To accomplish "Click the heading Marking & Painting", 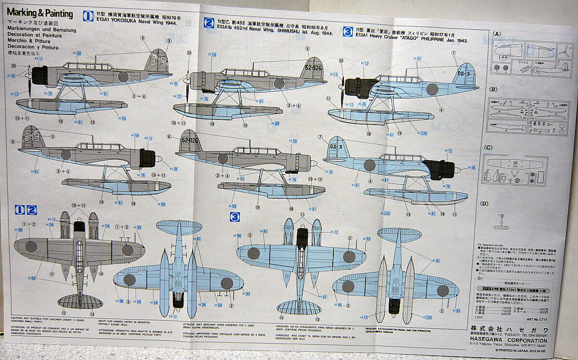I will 40,13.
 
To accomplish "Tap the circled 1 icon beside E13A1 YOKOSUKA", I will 88,15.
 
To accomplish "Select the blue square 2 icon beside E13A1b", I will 209,23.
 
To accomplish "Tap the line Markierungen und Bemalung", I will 34,29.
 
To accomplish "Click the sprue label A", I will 498,34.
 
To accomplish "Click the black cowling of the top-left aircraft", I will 39,76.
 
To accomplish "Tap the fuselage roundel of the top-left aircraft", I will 124,76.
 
